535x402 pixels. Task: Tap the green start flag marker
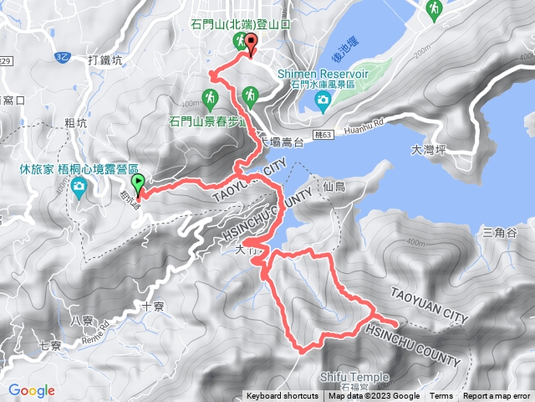[138, 183]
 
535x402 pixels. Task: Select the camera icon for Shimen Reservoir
[323, 101]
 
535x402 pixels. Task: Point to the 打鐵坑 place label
[104, 60]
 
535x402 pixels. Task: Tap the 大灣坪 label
[429, 152]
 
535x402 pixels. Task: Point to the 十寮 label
[153, 307]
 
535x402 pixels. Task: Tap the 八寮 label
[82, 320]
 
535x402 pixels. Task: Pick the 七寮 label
[50, 345]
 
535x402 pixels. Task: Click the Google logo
[32, 390]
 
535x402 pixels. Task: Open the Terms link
[441, 396]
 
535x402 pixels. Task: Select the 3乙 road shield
[62, 56]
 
